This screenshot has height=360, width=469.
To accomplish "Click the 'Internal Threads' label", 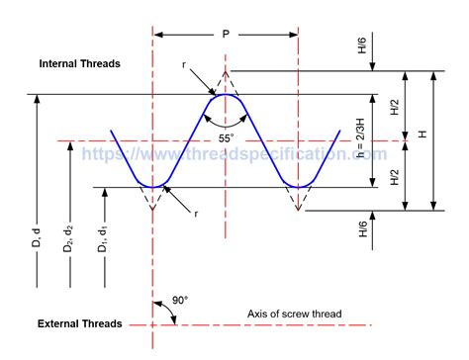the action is tap(79, 63).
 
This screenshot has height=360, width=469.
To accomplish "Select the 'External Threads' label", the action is tap(79, 324).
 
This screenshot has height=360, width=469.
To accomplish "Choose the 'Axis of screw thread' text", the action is tap(295, 315).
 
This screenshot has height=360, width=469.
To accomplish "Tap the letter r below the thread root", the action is tap(198, 214).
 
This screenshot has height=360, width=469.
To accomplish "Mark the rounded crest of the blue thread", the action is tap(226, 95).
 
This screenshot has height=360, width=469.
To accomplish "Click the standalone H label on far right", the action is tap(423, 135).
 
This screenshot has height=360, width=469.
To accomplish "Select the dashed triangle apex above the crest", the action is tap(226, 71).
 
